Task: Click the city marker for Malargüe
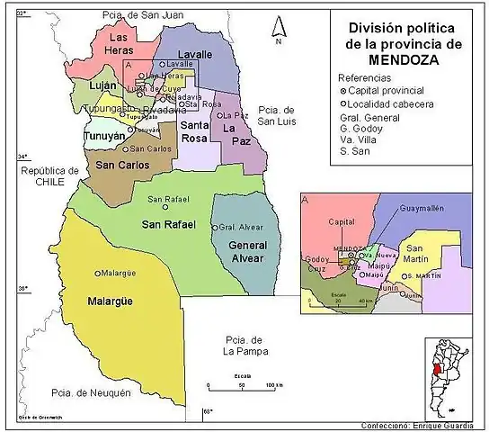[x=98, y=273]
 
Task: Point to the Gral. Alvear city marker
[x=215, y=227]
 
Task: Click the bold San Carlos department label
[x=122, y=166]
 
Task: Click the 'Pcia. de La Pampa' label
[x=241, y=346]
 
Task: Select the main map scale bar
[x=238, y=385]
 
